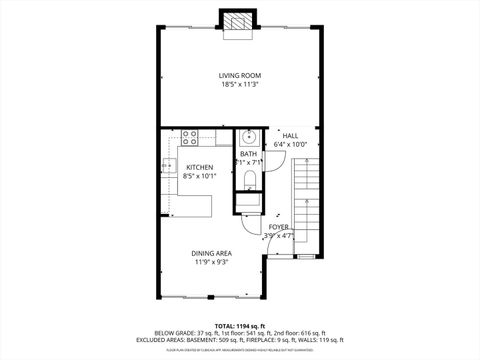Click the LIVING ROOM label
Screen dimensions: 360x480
click(240, 75)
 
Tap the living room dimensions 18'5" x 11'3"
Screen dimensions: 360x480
click(240, 85)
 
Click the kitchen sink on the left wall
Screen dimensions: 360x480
click(166, 164)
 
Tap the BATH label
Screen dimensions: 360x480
click(249, 153)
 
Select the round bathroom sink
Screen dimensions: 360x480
click(249, 137)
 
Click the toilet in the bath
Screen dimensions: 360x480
click(249, 181)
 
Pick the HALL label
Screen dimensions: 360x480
click(290, 135)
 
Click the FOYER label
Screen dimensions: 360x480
click(279, 227)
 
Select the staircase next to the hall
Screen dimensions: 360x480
click(307, 205)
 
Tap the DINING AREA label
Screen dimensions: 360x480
click(211, 253)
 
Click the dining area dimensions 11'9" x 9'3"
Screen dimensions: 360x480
click(211, 263)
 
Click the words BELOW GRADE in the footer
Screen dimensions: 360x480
click(175, 333)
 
